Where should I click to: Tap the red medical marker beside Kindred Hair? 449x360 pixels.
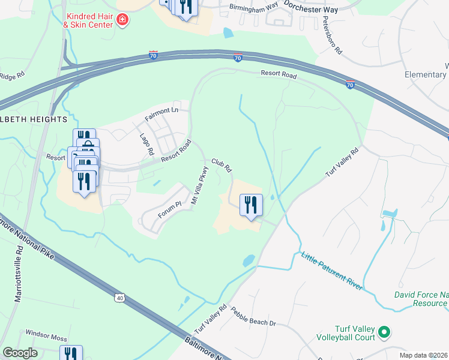[122, 20]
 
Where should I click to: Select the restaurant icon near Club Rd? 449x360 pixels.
[251, 205]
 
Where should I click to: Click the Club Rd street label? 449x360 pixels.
[221, 165]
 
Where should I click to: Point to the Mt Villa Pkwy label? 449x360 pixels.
[199, 188]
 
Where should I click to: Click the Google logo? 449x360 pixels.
[20, 353]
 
